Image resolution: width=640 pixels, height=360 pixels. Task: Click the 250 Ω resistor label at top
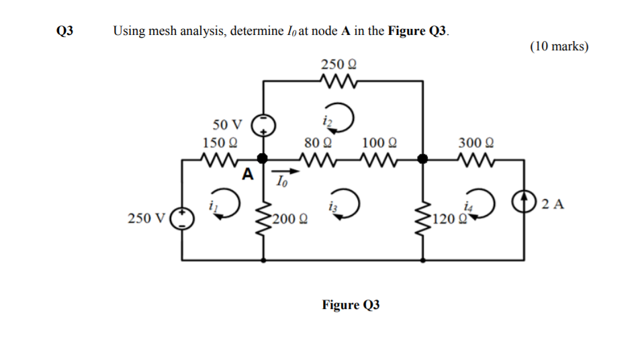(338, 64)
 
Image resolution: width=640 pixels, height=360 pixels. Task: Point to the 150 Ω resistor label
(220, 142)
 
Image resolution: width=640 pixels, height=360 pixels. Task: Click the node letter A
(248, 175)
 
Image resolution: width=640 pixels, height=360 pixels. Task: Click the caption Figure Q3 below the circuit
(351, 305)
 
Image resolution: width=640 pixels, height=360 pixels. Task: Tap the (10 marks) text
(559, 46)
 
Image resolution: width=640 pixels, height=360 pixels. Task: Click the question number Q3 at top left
(64, 31)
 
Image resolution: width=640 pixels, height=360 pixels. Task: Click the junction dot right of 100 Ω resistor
(422, 159)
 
